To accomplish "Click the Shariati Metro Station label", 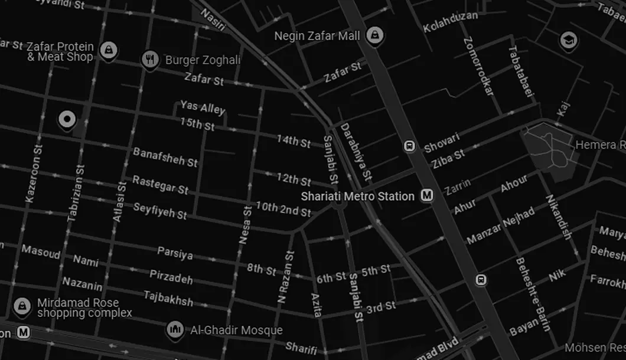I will click(x=357, y=196).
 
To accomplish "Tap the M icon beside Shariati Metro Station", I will click(x=426, y=195).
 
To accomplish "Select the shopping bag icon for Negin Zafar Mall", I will click(x=373, y=36).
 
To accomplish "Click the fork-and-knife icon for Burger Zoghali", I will click(x=150, y=59).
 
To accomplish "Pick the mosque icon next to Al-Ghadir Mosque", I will click(x=175, y=329).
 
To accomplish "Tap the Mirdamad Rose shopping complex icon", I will click(x=22, y=306).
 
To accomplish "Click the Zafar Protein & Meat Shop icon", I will click(x=107, y=50).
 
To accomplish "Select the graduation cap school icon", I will click(x=568, y=40).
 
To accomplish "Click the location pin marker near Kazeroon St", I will click(x=67, y=120).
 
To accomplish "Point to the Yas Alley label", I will click(x=203, y=107).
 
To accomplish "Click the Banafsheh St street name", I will click(x=165, y=156).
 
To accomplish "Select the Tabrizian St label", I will click(x=76, y=192).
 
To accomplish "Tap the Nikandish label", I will click(x=558, y=217).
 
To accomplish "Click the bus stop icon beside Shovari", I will click(x=409, y=146).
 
